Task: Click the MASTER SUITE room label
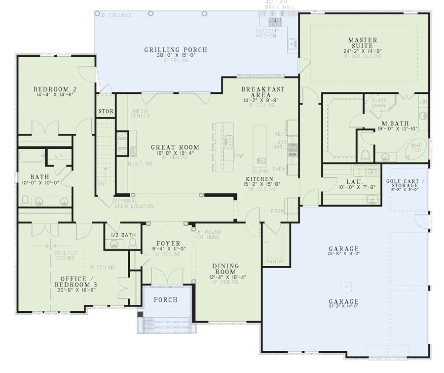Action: [363, 43]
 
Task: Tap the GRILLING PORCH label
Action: [176, 50]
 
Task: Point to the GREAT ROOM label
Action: [175, 147]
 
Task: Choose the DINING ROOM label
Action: [225, 269]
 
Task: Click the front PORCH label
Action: [165, 300]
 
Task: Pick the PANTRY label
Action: [275, 261]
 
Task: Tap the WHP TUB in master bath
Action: [416, 149]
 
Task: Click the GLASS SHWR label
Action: [379, 102]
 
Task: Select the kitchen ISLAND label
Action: [263, 171]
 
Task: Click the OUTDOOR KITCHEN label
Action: [266, 34]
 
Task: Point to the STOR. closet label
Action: [106, 112]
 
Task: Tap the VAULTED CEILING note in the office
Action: [65, 255]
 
